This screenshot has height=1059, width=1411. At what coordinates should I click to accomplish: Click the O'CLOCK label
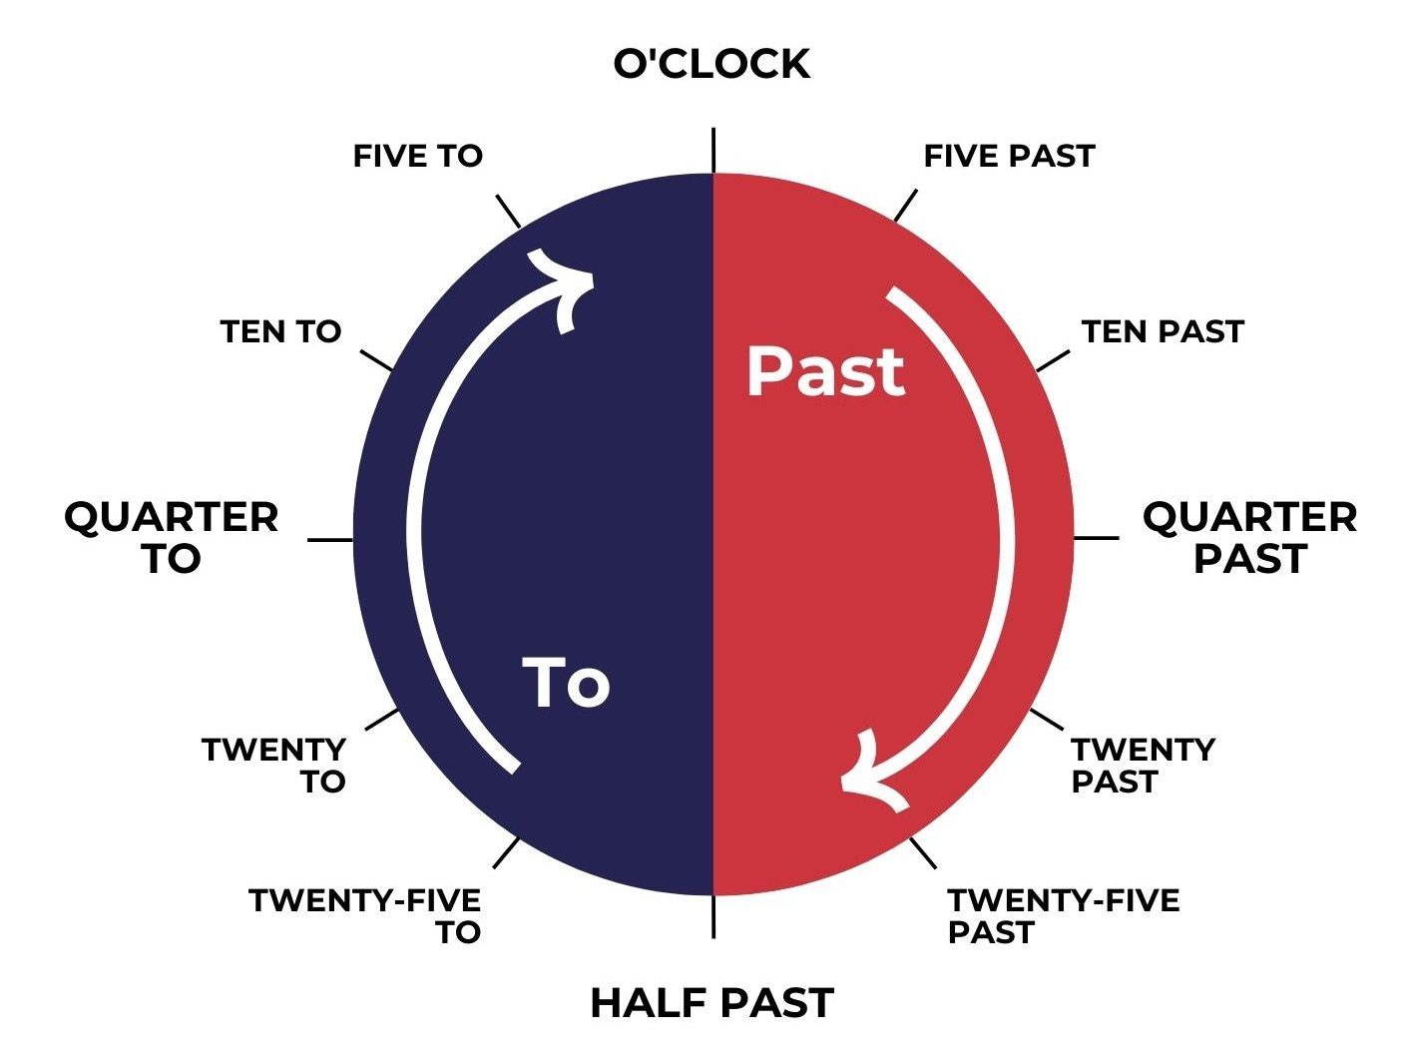[710, 64]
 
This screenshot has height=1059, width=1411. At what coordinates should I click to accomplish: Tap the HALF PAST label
[711, 1003]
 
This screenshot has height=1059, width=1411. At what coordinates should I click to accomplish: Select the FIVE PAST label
[1009, 156]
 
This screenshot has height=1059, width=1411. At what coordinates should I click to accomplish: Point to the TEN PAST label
[1163, 331]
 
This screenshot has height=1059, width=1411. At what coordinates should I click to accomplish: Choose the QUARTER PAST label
[1249, 538]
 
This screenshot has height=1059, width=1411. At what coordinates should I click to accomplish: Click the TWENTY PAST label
[1143, 765]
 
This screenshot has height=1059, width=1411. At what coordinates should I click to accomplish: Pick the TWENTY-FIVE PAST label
[1063, 916]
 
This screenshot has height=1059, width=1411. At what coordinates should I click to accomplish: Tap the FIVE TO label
[418, 156]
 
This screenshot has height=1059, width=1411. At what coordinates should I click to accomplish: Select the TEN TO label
[280, 331]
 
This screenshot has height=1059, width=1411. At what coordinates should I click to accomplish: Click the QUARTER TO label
[172, 538]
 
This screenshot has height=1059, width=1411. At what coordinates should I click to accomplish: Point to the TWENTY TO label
[274, 765]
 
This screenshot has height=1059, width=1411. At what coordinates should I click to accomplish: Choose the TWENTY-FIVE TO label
[365, 916]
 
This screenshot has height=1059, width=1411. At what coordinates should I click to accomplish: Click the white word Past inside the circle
[825, 372]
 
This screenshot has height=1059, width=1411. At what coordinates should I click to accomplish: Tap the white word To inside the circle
[566, 684]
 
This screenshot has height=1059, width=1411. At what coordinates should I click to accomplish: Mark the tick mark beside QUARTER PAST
[1096, 538]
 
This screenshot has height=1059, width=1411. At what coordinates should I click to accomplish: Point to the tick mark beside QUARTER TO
[330, 540]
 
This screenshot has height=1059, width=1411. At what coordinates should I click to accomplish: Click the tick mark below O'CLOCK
[713, 151]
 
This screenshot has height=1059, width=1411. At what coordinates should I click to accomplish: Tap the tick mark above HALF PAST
[713, 916]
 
